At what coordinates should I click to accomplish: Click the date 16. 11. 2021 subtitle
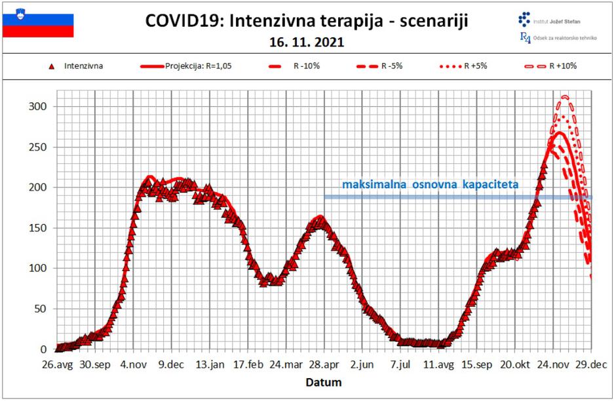pyautogui.click(x=307, y=43)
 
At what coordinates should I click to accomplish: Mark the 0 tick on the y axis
pyautogui.click(x=44, y=349)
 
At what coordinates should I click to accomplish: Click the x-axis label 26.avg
pyautogui.click(x=56, y=365)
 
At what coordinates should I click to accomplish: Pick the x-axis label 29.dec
pyautogui.click(x=591, y=365)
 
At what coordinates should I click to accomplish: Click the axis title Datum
pyautogui.click(x=324, y=381)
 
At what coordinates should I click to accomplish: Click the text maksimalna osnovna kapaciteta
pyautogui.click(x=430, y=185)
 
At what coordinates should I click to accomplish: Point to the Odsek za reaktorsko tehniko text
pyautogui.click(x=566, y=39)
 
